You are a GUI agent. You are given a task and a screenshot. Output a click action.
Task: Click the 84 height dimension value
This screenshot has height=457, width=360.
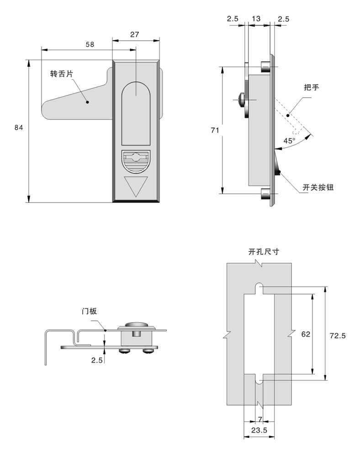coord(18,128)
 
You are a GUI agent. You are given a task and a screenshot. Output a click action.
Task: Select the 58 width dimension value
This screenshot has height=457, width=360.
coord(90,44)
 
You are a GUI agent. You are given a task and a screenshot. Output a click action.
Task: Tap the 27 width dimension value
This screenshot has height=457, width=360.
coord(136,34)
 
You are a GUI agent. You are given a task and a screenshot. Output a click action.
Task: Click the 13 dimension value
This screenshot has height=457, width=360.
coord(256,19)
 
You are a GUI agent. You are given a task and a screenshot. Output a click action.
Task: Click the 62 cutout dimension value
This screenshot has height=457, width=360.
coord(306,334)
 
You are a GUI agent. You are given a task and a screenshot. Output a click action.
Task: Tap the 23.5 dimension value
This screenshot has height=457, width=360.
coord(259,430)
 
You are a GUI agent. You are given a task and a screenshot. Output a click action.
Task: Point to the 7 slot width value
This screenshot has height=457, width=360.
coord(260,419)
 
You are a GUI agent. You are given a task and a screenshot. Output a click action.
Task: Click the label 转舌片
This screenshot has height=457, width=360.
coord(61,74)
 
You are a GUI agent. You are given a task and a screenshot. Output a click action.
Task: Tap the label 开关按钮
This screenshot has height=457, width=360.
coord(318,187)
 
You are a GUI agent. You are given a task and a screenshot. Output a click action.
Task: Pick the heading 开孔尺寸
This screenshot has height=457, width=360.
coord(264,251)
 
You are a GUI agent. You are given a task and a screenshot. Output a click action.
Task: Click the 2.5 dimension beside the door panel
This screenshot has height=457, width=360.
coord(96,360)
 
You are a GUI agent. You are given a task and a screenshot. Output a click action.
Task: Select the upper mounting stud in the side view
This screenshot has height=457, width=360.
coord(264,67)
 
